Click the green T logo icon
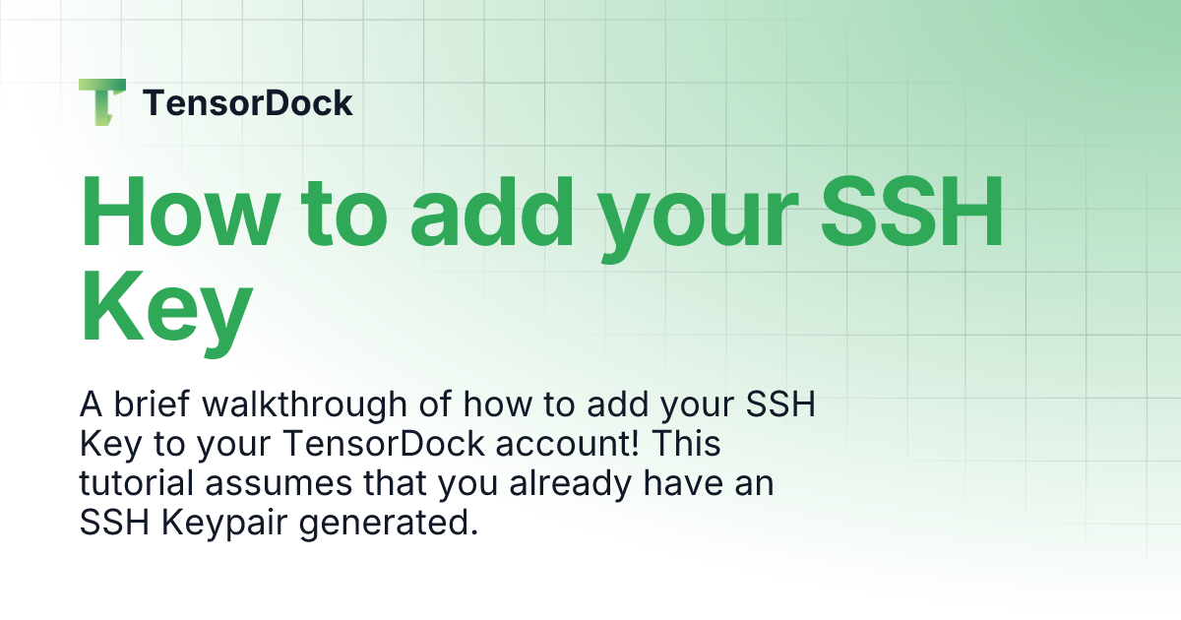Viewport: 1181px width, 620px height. tap(102, 101)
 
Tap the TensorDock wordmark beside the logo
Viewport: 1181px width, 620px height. tap(248, 102)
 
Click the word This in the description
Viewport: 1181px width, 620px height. tap(686, 444)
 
